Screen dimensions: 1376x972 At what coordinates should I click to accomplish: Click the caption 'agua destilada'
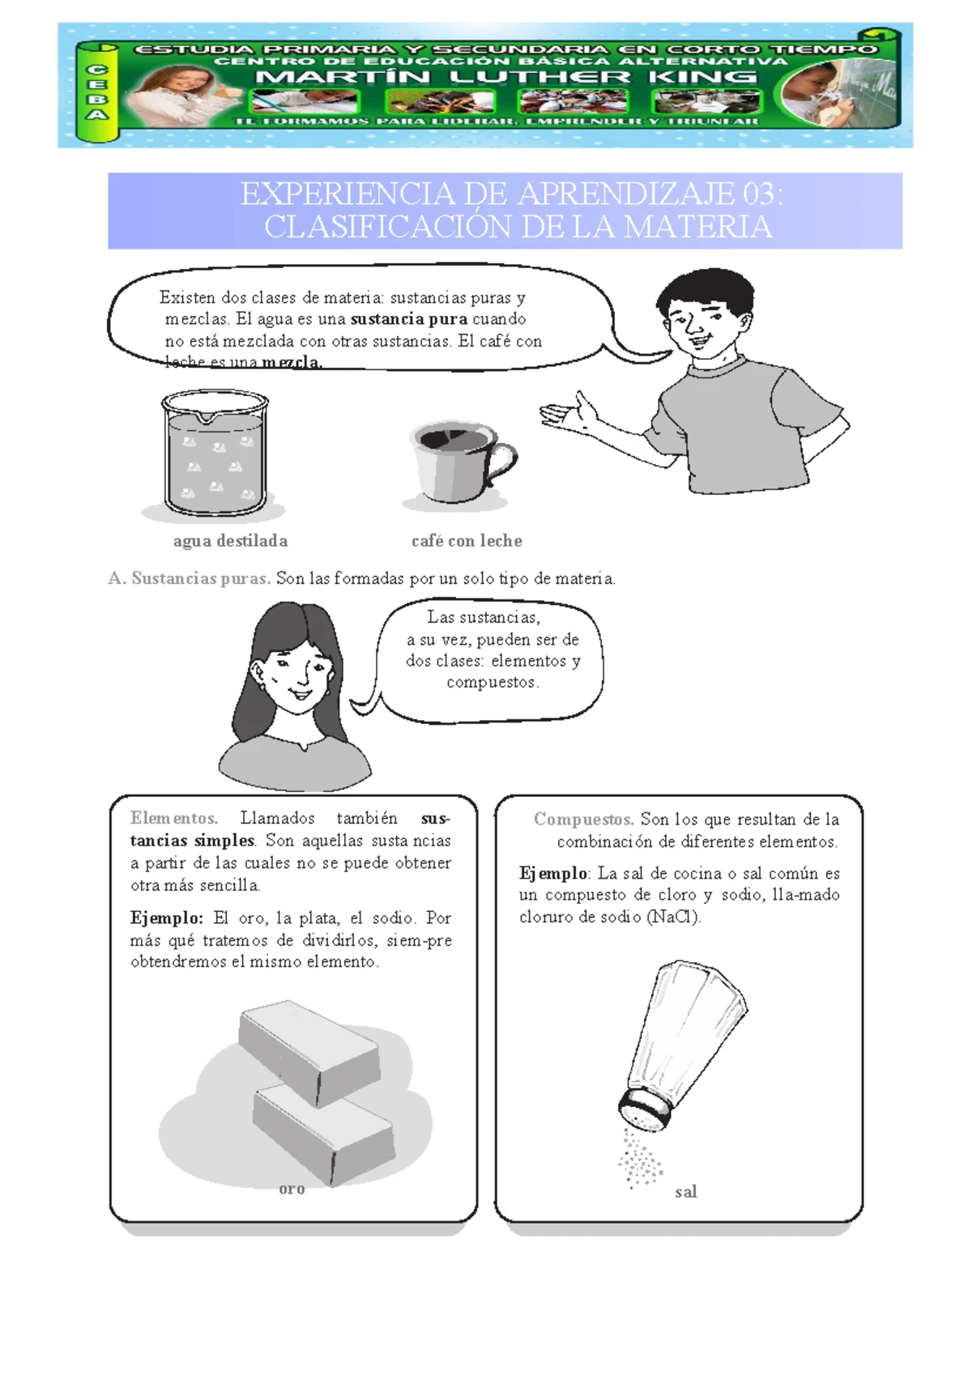coord(230,541)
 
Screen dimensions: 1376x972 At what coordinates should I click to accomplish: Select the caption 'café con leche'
coord(467,541)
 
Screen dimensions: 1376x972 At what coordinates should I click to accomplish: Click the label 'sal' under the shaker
coord(685,1191)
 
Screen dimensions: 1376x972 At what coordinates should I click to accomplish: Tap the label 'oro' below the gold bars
coord(292,1189)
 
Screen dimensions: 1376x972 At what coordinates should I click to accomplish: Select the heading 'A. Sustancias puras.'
coord(189,578)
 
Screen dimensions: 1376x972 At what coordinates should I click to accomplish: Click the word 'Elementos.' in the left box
coord(173,818)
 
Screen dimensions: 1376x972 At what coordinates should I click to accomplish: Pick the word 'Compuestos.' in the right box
coord(583,819)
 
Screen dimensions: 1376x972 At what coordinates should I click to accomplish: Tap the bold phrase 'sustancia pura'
coord(408,319)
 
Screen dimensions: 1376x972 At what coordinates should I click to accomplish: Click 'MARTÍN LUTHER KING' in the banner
coord(506,78)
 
